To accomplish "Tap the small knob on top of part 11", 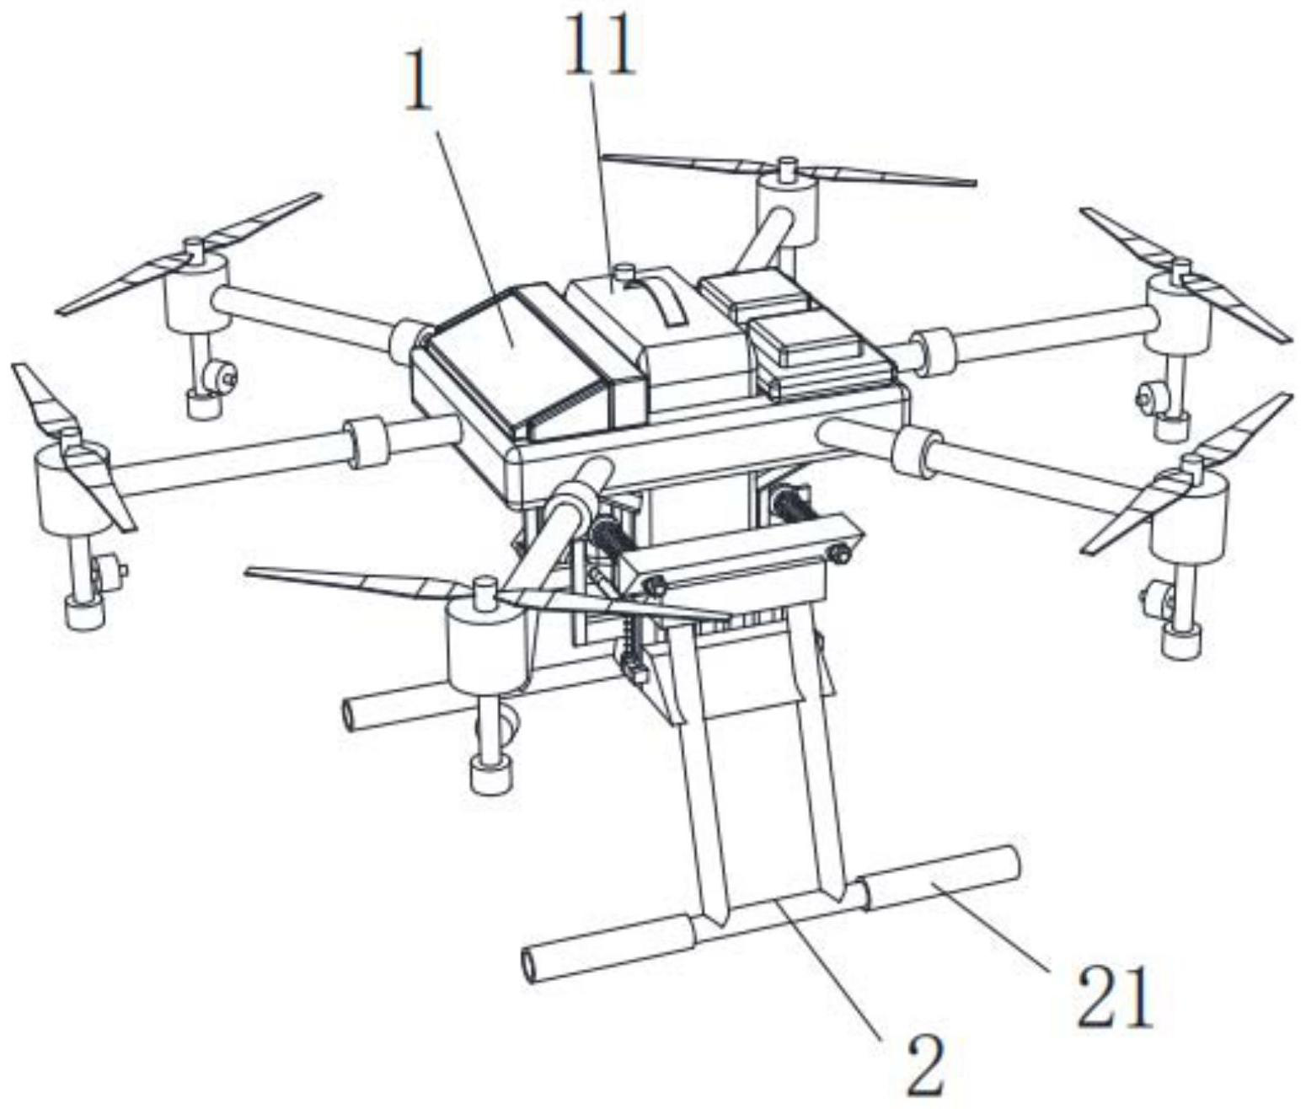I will (624, 274).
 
